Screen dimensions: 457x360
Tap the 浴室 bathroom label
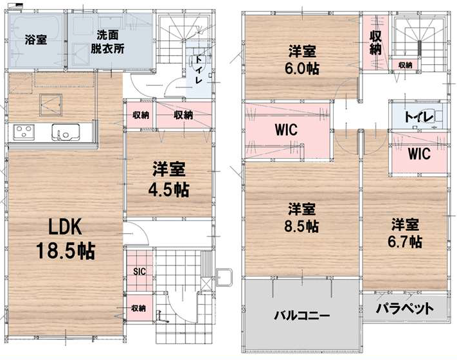tap(35, 40)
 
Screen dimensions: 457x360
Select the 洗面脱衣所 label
tap(107, 42)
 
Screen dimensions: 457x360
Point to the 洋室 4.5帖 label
tap(169, 180)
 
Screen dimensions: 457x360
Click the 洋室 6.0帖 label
tap(301, 60)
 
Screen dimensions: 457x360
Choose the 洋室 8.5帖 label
tap(301, 217)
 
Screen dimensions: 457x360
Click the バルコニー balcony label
tap(301, 316)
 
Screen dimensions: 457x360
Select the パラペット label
tap(404, 309)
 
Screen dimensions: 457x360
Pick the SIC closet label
tap(139, 272)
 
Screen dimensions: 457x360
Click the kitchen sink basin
tap(66, 132)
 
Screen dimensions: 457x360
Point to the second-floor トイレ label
tap(419, 117)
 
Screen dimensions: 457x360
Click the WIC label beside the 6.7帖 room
tap(419, 154)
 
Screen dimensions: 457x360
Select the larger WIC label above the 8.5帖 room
tap(286, 130)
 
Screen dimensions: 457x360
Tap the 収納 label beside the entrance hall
tap(138, 308)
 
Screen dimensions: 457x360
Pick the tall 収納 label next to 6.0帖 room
tap(375, 42)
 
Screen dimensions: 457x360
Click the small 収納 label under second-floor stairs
tap(406, 66)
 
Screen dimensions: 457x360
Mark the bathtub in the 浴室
tap(36, 39)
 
